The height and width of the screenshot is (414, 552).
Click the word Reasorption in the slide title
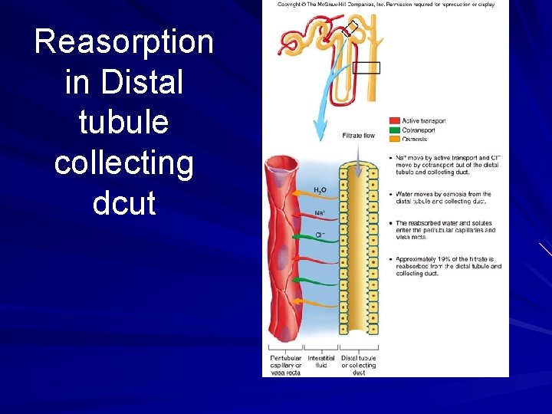click(123, 41)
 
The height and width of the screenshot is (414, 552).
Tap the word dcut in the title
click(123, 202)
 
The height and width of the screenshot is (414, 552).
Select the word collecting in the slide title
click(123, 163)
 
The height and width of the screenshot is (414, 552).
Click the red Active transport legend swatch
click(395, 121)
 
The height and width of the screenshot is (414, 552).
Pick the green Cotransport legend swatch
click(395, 130)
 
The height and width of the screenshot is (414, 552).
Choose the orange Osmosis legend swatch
click(395, 139)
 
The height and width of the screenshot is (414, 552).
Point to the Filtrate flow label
click(358, 136)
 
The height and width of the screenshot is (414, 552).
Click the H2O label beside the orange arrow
click(320, 190)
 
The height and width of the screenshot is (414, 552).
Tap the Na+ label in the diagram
click(320, 213)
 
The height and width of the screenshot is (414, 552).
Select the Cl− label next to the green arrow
click(320, 235)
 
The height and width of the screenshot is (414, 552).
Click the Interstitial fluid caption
click(321, 362)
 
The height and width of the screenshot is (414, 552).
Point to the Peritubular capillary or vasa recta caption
click(285, 365)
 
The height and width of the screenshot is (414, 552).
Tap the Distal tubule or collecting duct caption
click(358, 365)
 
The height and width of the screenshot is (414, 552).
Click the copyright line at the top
click(386, 5)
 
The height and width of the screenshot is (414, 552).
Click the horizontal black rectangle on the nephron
click(366, 67)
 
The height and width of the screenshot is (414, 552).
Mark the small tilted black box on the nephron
click(350, 29)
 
